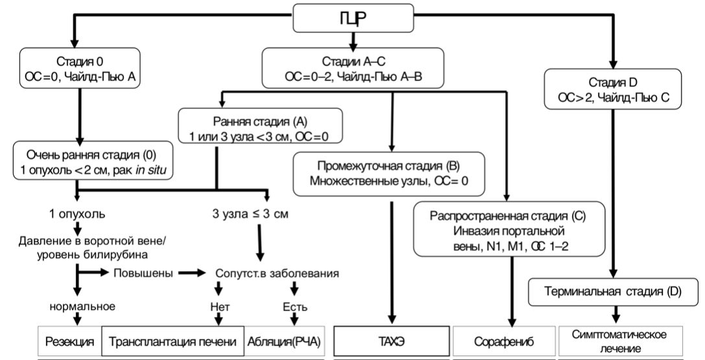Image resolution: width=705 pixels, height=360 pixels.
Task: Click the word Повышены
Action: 144,273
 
